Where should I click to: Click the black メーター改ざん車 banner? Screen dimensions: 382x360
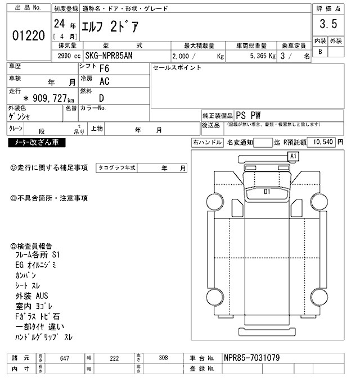tap(37, 143)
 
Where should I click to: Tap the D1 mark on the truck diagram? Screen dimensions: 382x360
tap(268, 192)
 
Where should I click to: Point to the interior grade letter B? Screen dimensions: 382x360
tap(320, 52)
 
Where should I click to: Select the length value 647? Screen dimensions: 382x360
tap(65, 358)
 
